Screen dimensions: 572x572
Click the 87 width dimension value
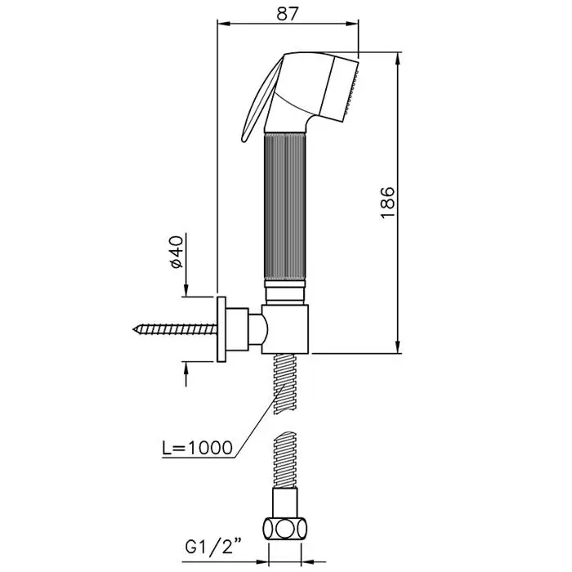[x=287, y=14]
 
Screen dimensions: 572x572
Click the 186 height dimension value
[x=387, y=203]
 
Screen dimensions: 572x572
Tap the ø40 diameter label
[x=177, y=252]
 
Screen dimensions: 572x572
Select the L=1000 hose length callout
[x=197, y=448]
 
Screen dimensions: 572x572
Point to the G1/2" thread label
[x=214, y=547]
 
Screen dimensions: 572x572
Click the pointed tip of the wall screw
[x=133, y=329]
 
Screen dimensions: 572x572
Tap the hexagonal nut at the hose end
[x=284, y=529]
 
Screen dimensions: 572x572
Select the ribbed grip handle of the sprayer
[x=284, y=207]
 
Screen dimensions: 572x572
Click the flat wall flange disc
[x=221, y=329]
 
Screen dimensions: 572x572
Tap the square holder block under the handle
[x=285, y=328]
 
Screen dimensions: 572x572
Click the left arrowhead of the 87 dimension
[x=224, y=24]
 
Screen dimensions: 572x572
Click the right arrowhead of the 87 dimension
[x=351, y=24]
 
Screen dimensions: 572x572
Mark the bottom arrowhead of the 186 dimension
[x=399, y=346]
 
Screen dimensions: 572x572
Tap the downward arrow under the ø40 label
[x=186, y=290]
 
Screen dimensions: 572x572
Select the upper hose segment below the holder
[x=285, y=383]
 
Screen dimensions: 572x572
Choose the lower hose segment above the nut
[x=285, y=460]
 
